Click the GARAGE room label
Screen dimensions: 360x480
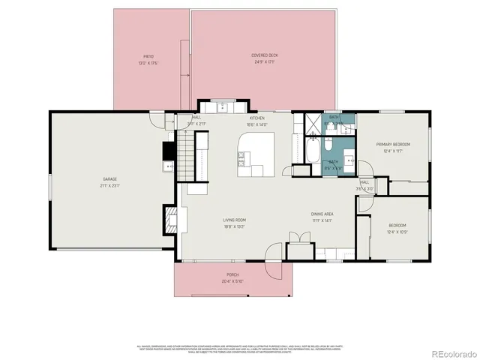point(109,179)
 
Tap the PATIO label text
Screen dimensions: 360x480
point(148,56)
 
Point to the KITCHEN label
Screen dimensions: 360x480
point(258,118)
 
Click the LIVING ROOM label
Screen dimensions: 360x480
point(234,220)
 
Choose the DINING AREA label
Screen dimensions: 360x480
point(322,214)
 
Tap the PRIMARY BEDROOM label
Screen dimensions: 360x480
point(393,145)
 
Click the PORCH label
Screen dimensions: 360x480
point(232,275)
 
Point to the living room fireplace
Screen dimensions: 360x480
point(172,218)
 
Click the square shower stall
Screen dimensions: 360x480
point(306,123)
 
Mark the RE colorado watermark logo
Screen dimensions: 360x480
point(448,353)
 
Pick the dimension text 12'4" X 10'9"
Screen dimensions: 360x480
point(397,232)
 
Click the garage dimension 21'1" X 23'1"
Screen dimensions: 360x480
point(109,185)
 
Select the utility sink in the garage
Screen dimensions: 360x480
point(169,166)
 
